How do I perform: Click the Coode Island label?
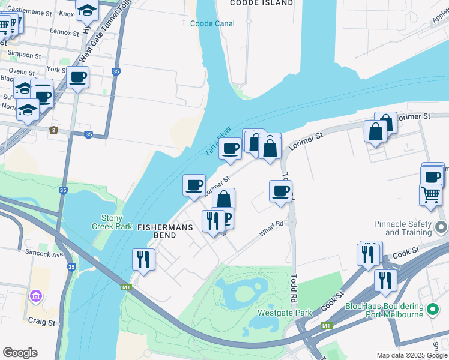coord(262,3)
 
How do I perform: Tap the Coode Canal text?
coord(212,23)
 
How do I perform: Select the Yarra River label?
coord(217,141)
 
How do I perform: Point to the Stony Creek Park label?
coord(107,222)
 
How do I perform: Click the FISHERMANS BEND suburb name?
coord(157,232)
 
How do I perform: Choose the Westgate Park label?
coord(285,313)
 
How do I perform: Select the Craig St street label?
coord(43,322)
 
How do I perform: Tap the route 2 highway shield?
coord(53,130)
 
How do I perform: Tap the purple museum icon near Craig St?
coord(35,296)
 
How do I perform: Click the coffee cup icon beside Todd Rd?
coord(280,191)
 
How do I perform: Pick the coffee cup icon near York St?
coord(78,77)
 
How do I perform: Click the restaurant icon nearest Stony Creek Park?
coord(143,259)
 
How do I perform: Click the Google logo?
coord(20,353)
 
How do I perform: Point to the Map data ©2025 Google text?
coord(412,355)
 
